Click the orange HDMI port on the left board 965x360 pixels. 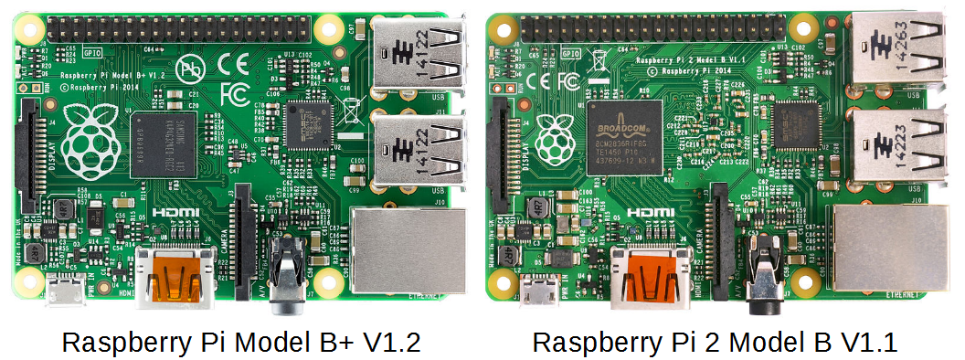(x=175, y=273)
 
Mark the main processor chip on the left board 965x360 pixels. (x=163, y=144)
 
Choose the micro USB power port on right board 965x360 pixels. (x=541, y=291)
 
